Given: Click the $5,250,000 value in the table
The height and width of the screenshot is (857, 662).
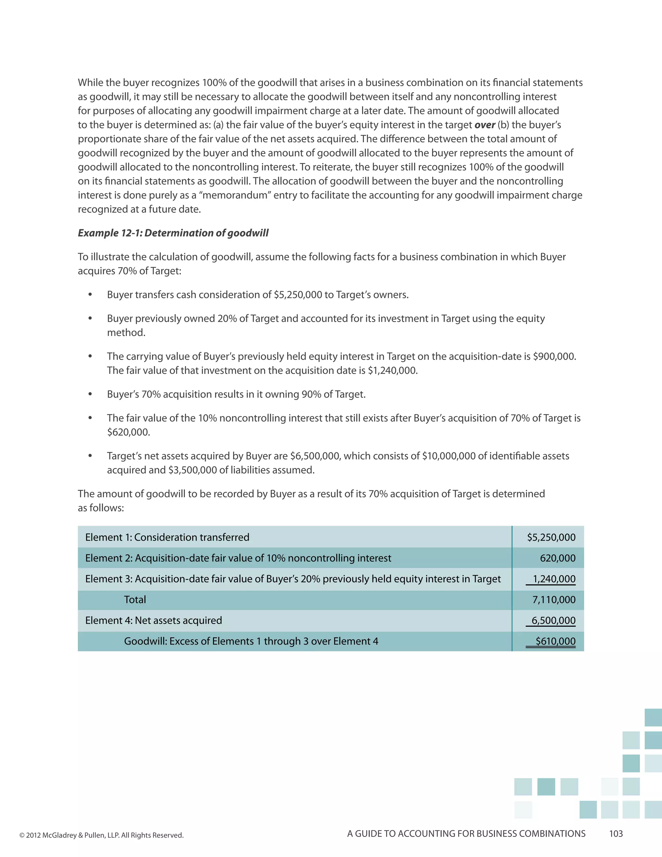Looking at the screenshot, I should pos(551,537).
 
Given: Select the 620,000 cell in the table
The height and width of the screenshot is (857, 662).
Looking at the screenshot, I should pos(557,558).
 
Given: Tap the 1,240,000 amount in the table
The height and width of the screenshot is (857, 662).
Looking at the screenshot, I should pos(554,579).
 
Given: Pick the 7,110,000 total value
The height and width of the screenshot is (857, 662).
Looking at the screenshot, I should pos(554,600).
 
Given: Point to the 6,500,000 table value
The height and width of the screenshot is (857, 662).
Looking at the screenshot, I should pos(553,620).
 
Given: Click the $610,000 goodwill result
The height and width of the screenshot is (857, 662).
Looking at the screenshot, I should pos(555,641).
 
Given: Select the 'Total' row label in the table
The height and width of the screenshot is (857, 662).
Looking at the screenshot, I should pos(135,600).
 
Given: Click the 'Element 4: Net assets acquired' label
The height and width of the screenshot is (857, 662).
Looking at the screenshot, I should pos(153,620).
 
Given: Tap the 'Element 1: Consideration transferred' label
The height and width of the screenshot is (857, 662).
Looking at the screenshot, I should pos(167,537).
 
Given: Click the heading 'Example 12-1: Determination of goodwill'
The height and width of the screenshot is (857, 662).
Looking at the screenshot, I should pos(173,233).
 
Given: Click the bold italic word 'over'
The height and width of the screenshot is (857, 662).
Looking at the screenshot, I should pos(485,125).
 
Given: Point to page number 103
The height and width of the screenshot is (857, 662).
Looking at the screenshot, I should pos(616,833).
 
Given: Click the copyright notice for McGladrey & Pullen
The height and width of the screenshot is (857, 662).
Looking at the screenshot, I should pos(101,835).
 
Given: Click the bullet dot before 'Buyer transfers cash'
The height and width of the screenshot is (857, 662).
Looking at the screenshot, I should pos(90,295).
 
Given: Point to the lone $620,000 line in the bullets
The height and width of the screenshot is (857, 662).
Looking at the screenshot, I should pos(128,432).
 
